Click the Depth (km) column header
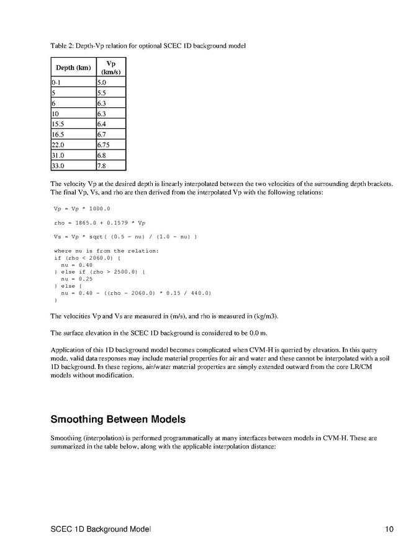click(x=73, y=68)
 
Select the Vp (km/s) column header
click(x=110, y=68)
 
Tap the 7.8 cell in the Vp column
click(x=110, y=166)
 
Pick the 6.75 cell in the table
click(x=110, y=144)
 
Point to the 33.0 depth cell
click(x=73, y=166)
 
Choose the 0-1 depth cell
click(x=73, y=82)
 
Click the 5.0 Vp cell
click(x=110, y=82)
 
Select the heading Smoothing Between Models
click(x=118, y=419)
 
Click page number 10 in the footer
click(x=389, y=529)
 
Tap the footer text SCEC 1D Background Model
click(x=101, y=529)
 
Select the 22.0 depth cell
click(x=73, y=144)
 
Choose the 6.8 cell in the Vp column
click(x=110, y=155)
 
